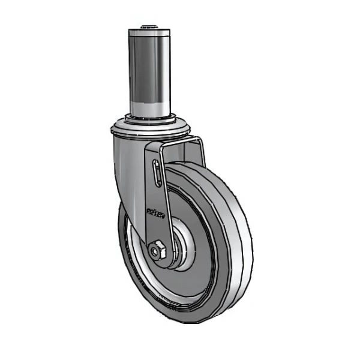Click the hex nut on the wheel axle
[x=158, y=250]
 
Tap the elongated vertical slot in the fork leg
[x=157, y=173]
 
